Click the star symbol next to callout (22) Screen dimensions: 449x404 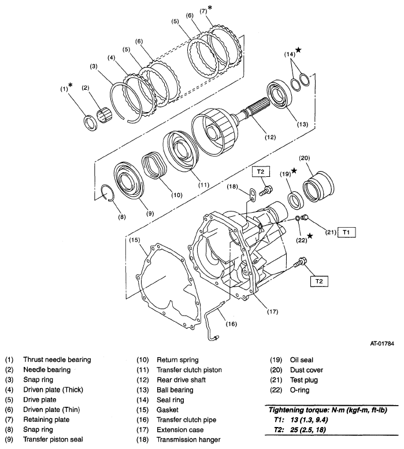[x=311, y=236]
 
